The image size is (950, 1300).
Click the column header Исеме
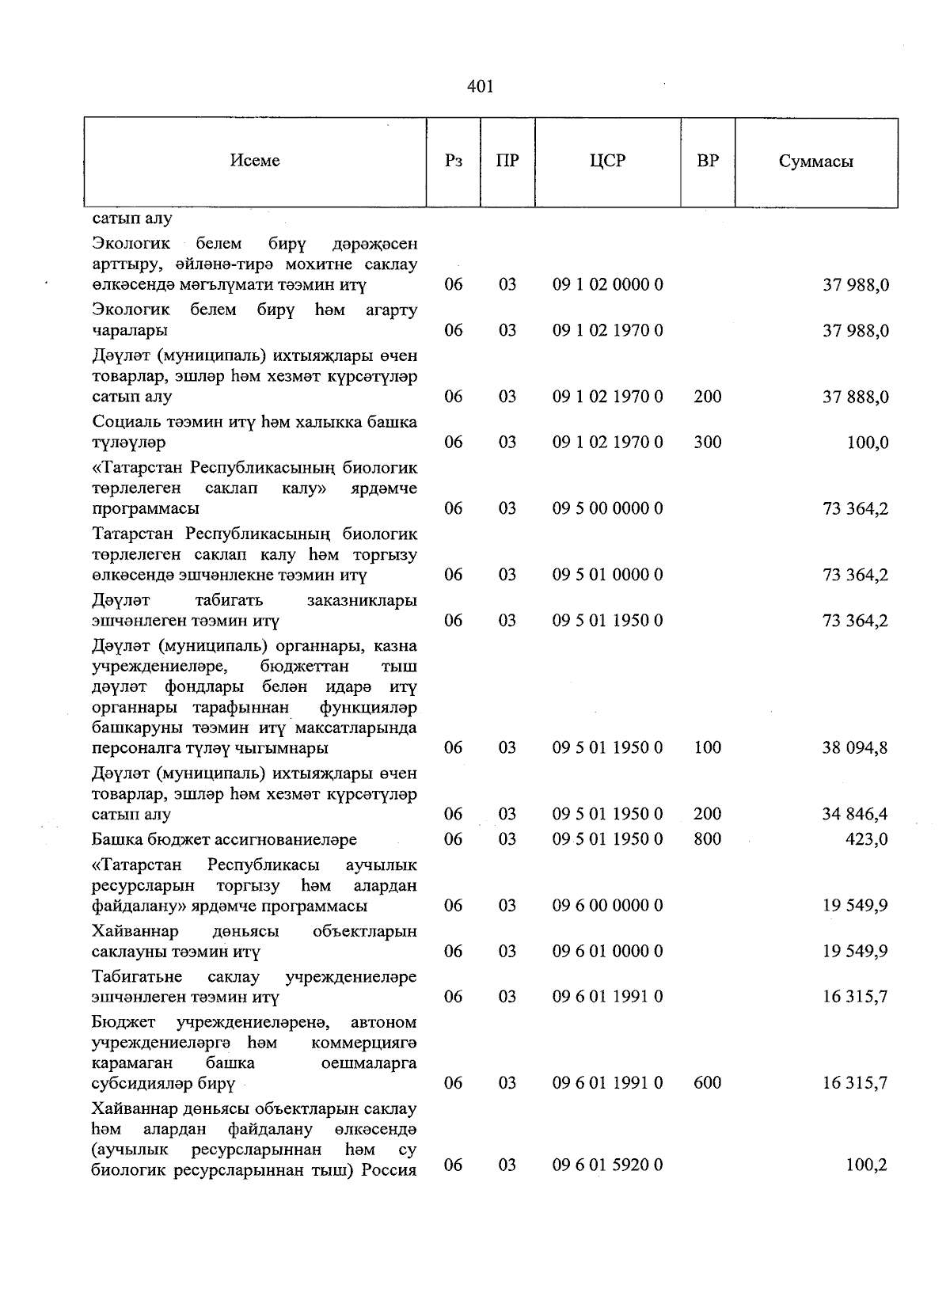point(255,161)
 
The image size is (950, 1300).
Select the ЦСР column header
point(607,161)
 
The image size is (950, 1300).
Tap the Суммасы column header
point(816,162)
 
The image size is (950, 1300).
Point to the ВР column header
point(708,161)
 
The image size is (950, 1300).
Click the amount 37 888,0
point(856,397)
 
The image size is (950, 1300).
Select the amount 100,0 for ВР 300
point(868,443)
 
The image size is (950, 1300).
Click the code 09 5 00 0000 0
point(607,508)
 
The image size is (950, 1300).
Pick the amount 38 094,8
point(855,747)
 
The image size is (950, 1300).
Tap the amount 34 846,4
point(855,814)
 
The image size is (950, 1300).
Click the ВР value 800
point(707,839)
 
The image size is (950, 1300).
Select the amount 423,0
point(868,839)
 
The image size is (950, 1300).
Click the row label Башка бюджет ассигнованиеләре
point(225,839)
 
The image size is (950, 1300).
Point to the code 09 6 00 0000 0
point(607,906)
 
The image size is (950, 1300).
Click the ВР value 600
point(707,1083)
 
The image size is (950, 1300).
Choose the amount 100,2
point(868,1165)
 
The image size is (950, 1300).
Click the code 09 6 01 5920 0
point(607,1165)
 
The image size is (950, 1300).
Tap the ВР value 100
point(707,747)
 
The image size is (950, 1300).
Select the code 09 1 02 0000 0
point(607,284)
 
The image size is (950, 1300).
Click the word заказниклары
point(362,600)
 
